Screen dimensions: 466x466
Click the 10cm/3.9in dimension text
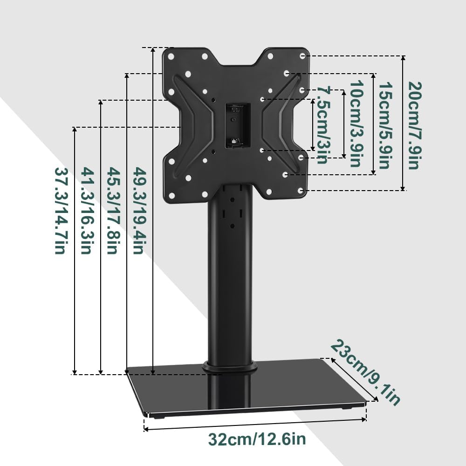pyautogui.click(x=356, y=124)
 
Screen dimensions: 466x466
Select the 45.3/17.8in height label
pyautogui.click(x=111, y=210)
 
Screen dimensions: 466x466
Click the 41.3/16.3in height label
pyautogui.click(x=85, y=210)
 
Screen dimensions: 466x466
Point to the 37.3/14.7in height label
pyautogui.click(x=59, y=210)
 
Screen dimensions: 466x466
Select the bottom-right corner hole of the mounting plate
pyautogui.click(x=301, y=191)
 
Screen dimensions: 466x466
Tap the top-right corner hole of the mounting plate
pyautogui.click(x=302, y=55)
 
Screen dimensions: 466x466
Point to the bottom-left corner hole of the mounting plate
pyautogui.click(x=171, y=195)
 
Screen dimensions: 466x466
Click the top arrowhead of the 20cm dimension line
pyautogui.click(x=403, y=58)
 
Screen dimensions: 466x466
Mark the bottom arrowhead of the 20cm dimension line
pyautogui.click(x=403, y=188)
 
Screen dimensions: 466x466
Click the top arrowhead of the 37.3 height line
pyautogui.click(x=75, y=129)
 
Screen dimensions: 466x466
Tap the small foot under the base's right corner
pyautogui.click(x=345, y=408)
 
